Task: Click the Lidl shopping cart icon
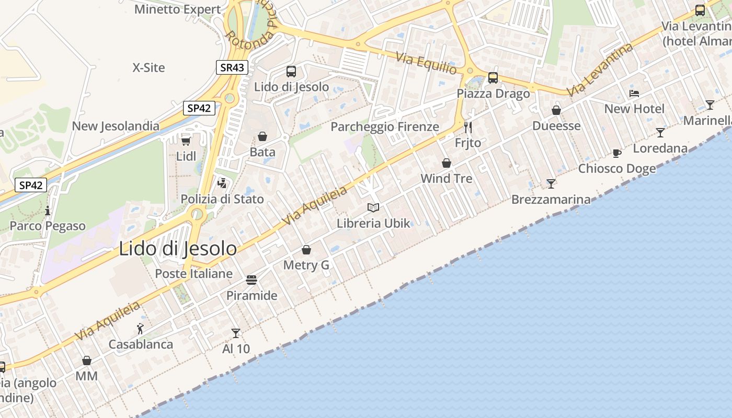click(186, 141)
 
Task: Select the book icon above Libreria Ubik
click(373, 208)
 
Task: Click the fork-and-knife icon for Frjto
click(468, 127)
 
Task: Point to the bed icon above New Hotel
click(634, 94)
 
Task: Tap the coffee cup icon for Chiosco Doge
click(617, 153)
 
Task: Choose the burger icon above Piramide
click(251, 280)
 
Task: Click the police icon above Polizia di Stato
click(222, 183)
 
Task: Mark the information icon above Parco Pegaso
click(48, 211)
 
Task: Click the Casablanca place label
click(141, 344)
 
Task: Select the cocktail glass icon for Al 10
click(236, 333)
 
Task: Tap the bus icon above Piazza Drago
click(493, 78)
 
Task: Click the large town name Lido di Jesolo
click(178, 249)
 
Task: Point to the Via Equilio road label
click(426, 63)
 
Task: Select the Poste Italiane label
click(193, 273)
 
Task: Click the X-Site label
click(148, 67)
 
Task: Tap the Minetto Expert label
click(178, 9)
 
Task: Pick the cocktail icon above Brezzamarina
click(551, 183)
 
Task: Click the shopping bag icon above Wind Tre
click(447, 163)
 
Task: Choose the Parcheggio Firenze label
click(385, 126)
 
